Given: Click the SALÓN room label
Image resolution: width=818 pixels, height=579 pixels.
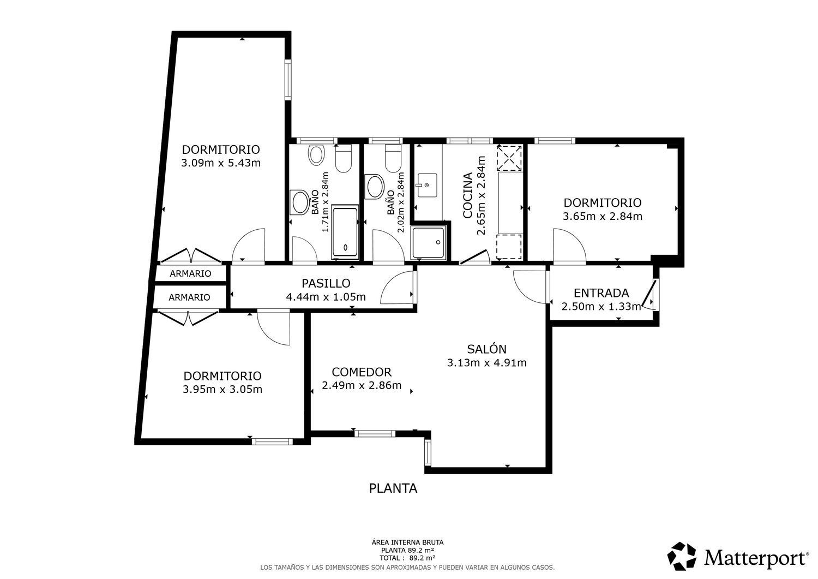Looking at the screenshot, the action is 487,349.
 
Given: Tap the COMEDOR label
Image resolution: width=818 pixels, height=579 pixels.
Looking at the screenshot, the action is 362,372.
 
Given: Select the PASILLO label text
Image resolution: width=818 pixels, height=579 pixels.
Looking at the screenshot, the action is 326,283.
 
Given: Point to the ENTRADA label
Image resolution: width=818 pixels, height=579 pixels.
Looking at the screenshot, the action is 601,293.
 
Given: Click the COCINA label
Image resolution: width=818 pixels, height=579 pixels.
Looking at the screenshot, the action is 467,195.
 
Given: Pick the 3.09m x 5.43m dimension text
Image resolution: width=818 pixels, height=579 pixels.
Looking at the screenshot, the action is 221,163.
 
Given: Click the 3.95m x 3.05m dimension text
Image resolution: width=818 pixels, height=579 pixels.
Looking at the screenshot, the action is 222,389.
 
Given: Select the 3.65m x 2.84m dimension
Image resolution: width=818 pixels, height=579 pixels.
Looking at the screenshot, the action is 603,217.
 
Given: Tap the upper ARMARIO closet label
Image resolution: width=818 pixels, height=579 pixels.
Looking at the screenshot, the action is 190,273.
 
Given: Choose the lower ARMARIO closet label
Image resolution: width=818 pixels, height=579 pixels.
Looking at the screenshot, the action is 189,297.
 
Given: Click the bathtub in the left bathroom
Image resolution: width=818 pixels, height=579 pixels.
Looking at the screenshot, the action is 345,232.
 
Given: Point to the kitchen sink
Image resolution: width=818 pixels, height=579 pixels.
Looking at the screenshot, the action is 427,186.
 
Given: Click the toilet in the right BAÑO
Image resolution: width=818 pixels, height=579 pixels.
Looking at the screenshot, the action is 393,158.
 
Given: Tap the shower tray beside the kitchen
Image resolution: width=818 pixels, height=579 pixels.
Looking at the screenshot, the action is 428,243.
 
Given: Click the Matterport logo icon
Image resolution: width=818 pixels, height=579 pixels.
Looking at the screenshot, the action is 682,556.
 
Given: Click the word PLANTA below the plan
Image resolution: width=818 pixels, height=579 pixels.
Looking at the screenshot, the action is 393,488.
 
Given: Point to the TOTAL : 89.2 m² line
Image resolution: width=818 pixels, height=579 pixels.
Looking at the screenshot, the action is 407,558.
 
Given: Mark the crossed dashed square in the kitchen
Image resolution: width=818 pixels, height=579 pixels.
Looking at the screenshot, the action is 509,158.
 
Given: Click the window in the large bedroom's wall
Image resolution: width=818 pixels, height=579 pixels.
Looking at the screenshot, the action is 288,79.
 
